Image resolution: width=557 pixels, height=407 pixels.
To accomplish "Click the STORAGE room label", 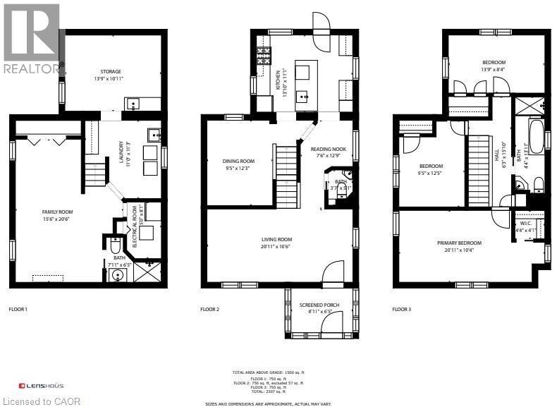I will coord(110,71).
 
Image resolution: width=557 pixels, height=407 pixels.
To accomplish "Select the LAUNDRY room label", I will coord(121,151).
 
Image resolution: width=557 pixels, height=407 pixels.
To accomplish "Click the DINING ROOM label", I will coord(238,161).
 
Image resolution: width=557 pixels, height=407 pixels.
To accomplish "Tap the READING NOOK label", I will coord(328,150).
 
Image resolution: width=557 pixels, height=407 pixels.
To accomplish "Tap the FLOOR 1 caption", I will coord(18,309).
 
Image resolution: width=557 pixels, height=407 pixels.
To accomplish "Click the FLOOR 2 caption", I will coord(210,309).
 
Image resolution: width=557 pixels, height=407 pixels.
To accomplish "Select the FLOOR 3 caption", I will coord(402,309).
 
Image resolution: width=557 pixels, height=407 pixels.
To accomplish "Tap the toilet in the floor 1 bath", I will coord(115,247).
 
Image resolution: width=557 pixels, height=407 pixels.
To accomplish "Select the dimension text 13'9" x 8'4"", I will coord(494,69).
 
